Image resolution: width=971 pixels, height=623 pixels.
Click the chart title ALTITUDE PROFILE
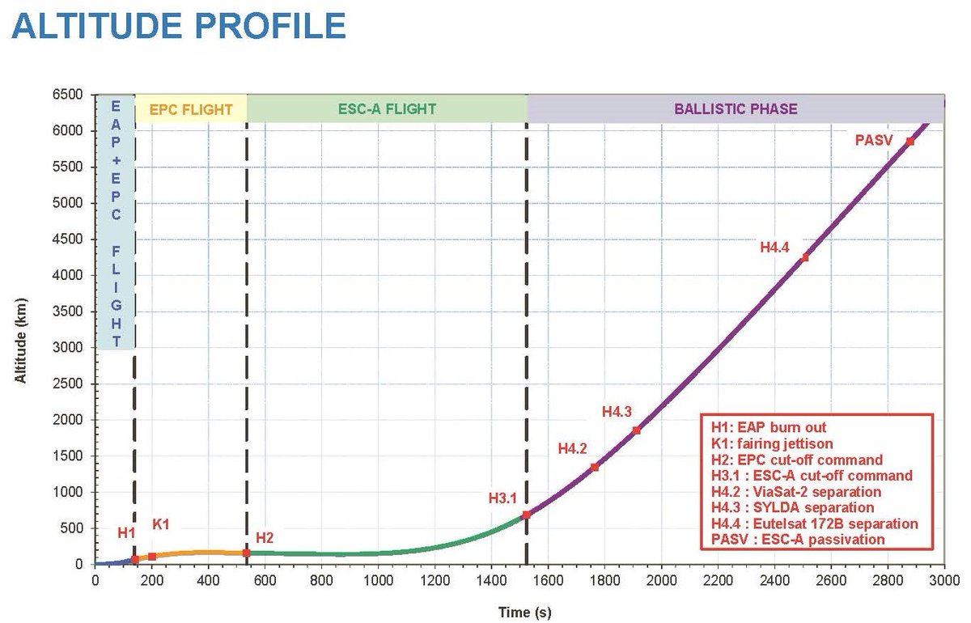[179, 26]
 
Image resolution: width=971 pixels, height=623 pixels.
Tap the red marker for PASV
[910, 142]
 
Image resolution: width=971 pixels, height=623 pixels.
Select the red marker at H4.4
[805, 257]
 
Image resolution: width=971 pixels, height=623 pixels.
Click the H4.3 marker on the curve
[637, 430]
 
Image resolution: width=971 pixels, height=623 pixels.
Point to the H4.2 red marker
[595, 467]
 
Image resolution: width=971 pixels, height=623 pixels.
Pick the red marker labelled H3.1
[526, 515]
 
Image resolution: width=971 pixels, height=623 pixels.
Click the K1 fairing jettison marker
[152, 557]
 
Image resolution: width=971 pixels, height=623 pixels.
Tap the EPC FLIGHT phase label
[191, 109]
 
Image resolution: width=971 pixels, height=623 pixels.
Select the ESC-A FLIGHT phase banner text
[387, 109]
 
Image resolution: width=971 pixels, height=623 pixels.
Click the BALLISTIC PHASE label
[736, 109]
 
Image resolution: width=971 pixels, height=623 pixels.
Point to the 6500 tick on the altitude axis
[68, 95]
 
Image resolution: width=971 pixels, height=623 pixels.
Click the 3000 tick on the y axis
[68, 348]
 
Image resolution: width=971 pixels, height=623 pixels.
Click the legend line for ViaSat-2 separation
[796, 491]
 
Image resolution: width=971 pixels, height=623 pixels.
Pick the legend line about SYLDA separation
[792, 507]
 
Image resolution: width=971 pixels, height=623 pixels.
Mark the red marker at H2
[246, 553]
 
